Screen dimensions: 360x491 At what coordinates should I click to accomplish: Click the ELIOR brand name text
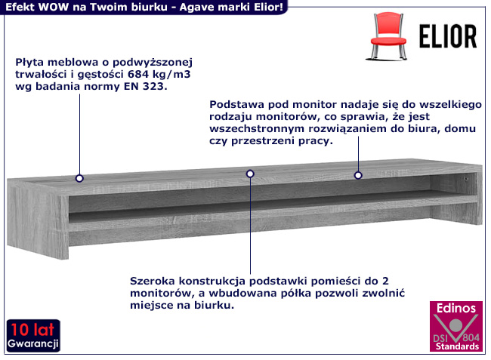(448, 36)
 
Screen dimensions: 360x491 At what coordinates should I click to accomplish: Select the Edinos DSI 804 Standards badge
(455, 327)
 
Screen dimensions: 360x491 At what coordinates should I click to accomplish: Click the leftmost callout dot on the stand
(79, 179)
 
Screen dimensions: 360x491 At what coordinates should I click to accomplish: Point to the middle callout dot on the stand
(250, 174)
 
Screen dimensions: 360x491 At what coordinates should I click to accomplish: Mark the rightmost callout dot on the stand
(359, 175)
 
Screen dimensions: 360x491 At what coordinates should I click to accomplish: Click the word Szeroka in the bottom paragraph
(153, 278)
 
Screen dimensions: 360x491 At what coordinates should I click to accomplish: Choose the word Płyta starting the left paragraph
(29, 61)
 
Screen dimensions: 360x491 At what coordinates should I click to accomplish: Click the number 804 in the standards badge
(469, 335)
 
